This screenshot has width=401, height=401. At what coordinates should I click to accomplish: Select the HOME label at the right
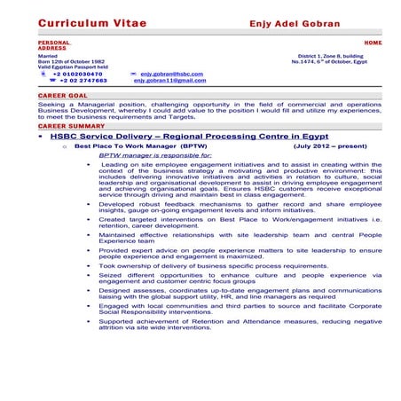pos(373,42)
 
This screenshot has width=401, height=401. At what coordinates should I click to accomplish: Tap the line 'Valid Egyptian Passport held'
pos(74,66)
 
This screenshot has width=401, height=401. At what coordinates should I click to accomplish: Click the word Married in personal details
pos(48,53)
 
